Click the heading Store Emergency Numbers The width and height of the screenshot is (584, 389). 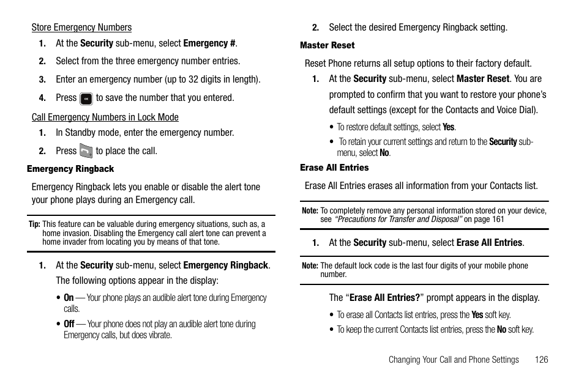(x=81, y=28)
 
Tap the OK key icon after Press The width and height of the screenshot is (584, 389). (x=86, y=98)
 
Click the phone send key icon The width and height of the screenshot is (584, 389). (x=86, y=151)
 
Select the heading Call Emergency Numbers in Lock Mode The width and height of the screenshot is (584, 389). (x=105, y=117)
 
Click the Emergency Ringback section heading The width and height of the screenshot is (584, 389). (x=70, y=169)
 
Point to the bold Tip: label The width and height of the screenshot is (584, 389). (x=34, y=224)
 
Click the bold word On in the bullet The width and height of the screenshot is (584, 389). (x=69, y=298)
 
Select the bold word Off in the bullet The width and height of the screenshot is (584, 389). (x=69, y=324)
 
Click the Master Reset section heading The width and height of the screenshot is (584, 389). (x=327, y=45)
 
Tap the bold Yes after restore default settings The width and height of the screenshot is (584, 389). (x=449, y=127)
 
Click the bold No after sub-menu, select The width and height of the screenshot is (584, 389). (x=384, y=153)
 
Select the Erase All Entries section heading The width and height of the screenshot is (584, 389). (x=334, y=168)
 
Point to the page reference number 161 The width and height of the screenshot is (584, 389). (x=497, y=219)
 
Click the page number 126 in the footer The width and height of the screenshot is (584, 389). (x=541, y=360)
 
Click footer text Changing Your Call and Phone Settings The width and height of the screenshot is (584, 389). (x=454, y=360)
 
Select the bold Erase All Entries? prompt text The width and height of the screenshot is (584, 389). (x=384, y=298)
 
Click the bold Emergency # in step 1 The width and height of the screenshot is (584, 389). (x=209, y=43)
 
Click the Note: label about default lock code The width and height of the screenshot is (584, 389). (x=310, y=266)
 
